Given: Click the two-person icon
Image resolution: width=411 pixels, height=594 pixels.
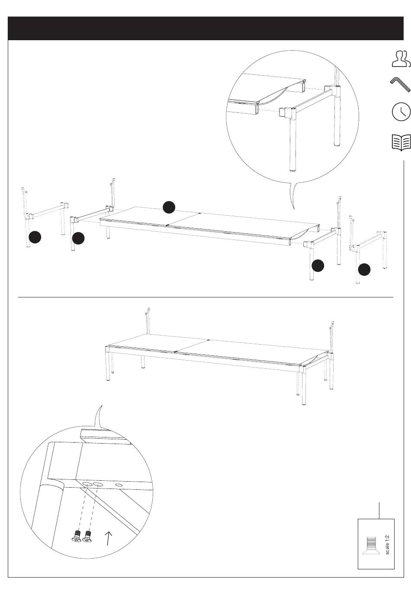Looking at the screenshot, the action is pyautogui.click(x=401, y=59).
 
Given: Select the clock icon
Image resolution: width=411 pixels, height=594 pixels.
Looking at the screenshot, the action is pyautogui.click(x=401, y=112).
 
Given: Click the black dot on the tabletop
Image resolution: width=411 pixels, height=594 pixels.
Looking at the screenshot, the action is pyautogui.click(x=169, y=207).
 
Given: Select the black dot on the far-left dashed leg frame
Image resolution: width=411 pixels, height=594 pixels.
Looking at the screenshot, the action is pyautogui.click(x=35, y=237).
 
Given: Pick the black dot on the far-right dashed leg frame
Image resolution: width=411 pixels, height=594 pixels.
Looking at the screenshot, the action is pyautogui.click(x=364, y=269).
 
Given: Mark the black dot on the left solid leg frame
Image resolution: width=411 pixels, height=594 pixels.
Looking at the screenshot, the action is pyautogui.click(x=78, y=238).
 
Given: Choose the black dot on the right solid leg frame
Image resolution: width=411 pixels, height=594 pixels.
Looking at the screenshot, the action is pyautogui.click(x=318, y=265).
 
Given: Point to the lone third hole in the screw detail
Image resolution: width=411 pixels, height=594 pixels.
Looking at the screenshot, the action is pyautogui.click(x=119, y=485).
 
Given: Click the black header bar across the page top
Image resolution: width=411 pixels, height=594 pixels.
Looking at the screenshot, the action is pyautogui.click(x=205, y=29).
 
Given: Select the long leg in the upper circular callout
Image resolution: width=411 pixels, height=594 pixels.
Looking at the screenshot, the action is pyautogui.click(x=293, y=144).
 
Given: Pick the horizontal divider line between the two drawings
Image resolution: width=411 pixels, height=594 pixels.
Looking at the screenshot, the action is pyautogui.click(x=205, y=297).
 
